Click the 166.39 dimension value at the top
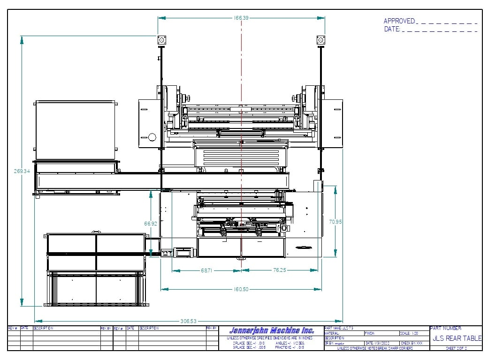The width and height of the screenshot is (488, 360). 241,18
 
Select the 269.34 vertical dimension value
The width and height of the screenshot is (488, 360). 22,171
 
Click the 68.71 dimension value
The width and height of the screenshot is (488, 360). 207,270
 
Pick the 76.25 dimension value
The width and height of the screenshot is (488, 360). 279,270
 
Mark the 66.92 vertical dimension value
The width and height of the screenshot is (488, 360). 151,224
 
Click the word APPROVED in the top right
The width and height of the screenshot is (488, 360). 399,21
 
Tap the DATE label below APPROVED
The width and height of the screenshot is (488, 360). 392,29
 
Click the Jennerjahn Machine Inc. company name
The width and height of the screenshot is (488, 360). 272,330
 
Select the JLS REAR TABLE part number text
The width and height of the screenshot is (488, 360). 457,338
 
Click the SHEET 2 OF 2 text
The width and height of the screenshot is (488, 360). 456,348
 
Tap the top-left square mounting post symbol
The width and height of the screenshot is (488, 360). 161,40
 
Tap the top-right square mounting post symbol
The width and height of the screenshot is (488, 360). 321,40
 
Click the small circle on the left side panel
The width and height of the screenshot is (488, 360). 152,137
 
